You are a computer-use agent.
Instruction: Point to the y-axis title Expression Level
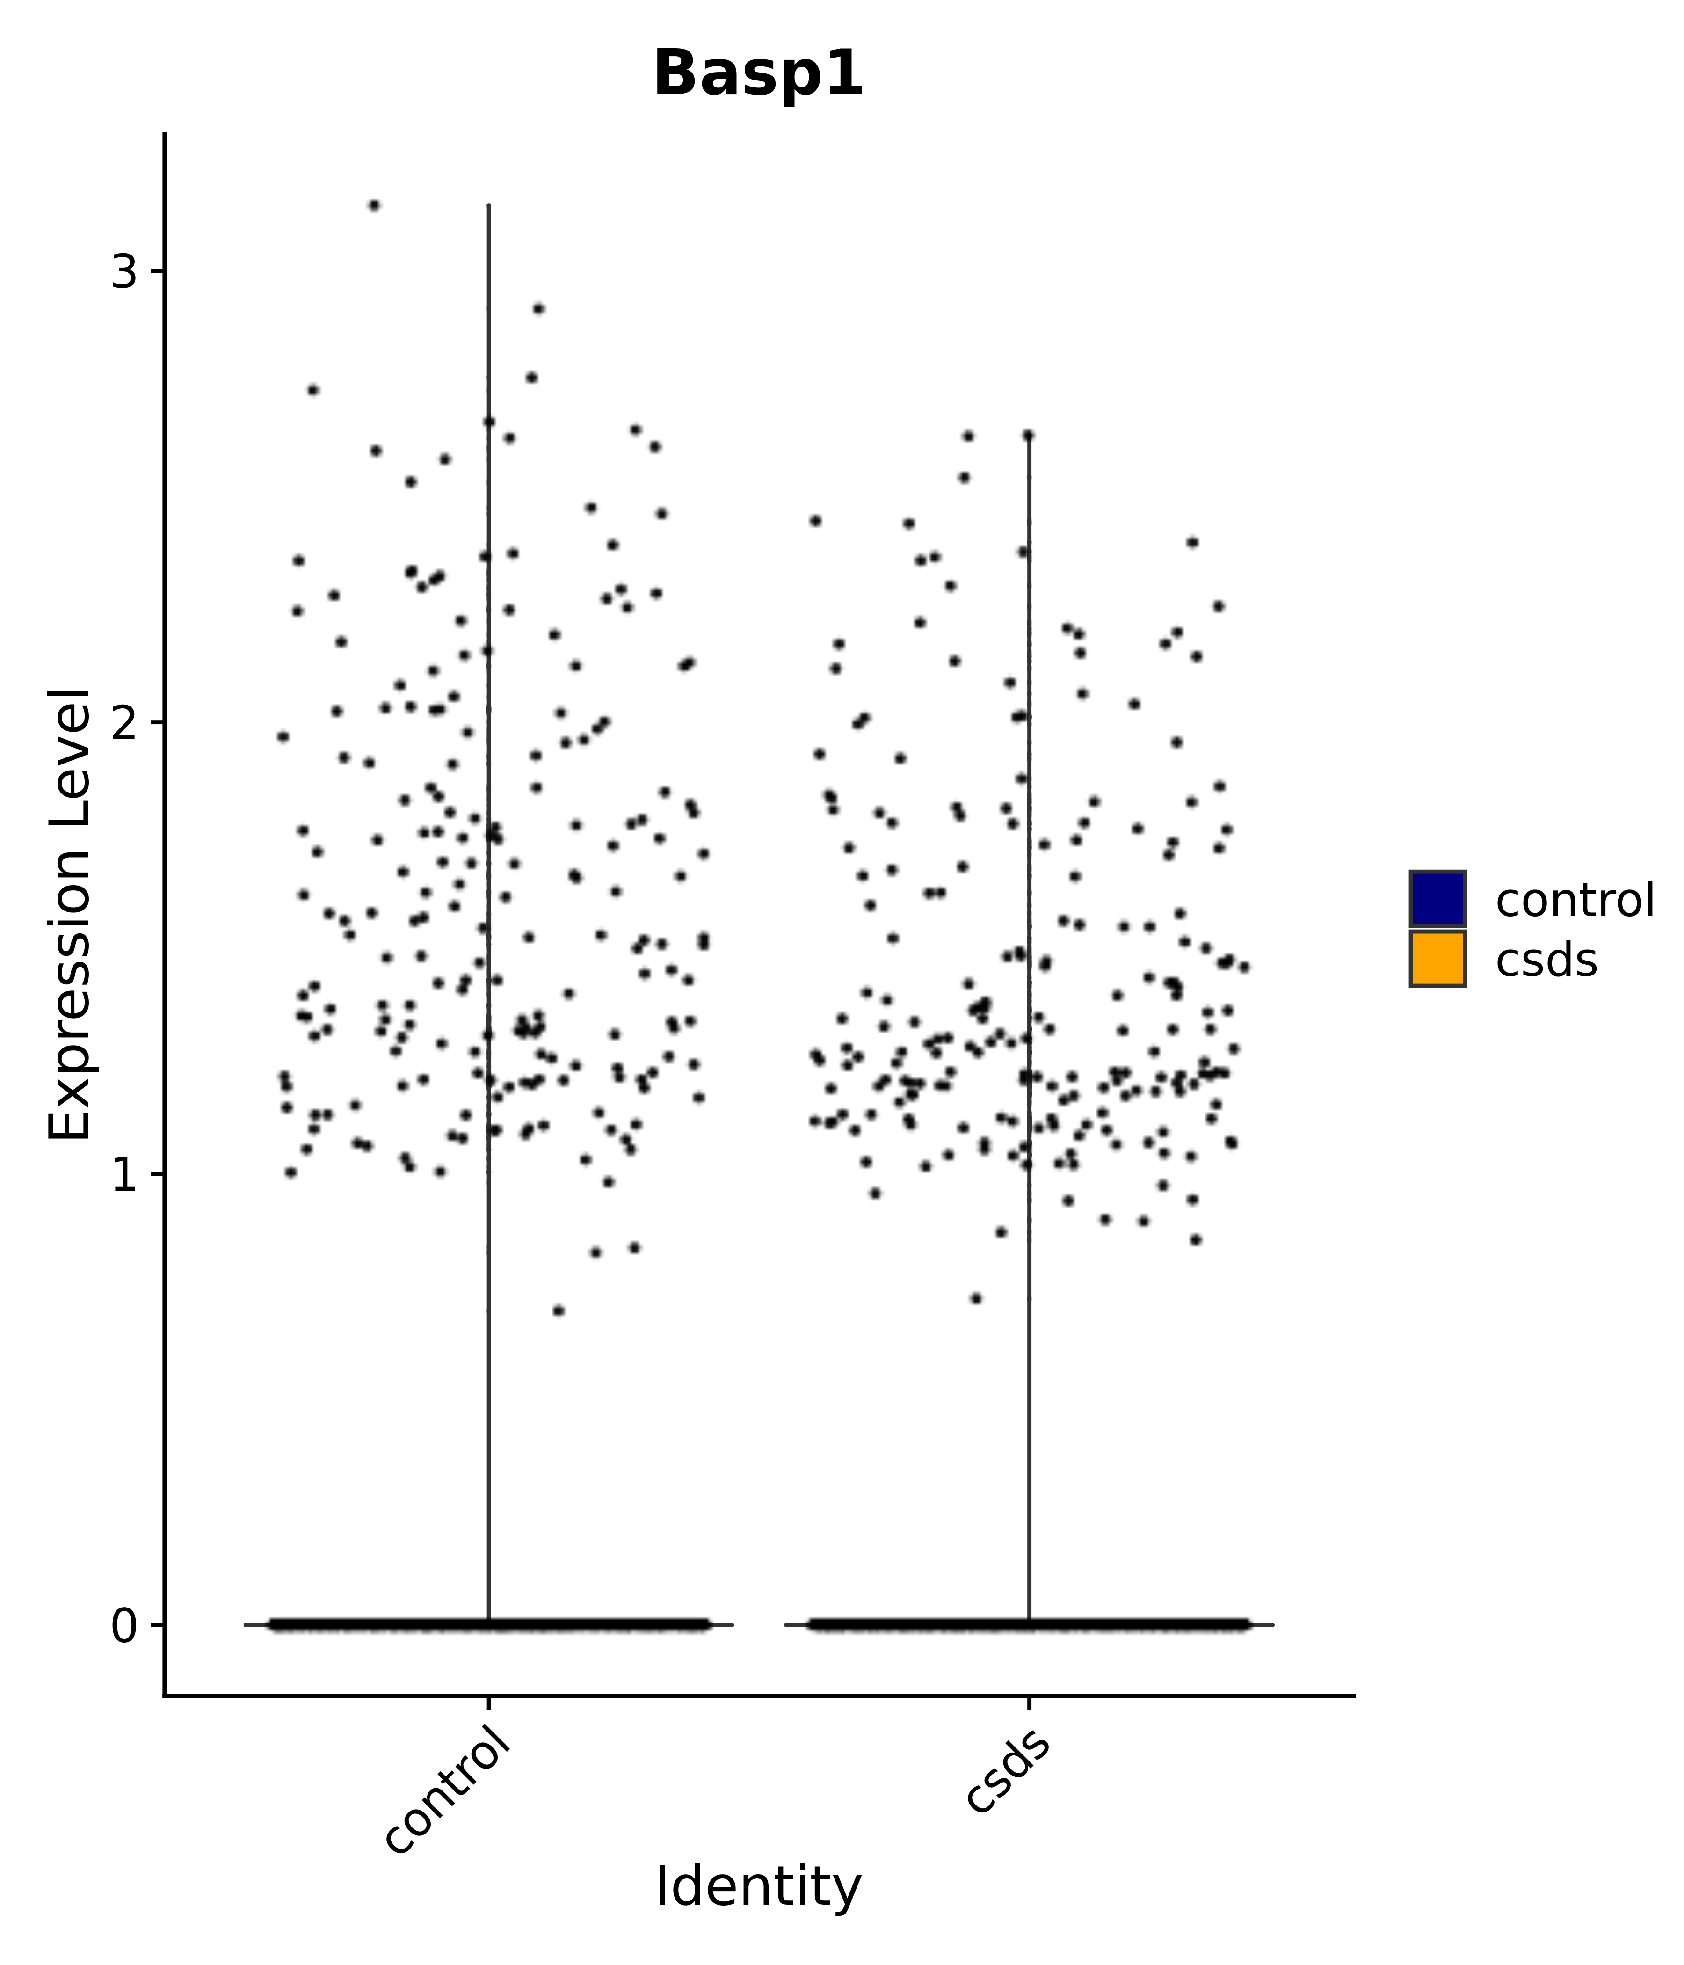[x=69, y=915]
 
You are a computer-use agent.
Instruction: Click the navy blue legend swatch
[x=1437, y=898]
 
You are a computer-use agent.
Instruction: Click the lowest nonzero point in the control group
[x=559, y=1310]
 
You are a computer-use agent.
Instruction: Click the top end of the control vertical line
[x=488, y=205]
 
